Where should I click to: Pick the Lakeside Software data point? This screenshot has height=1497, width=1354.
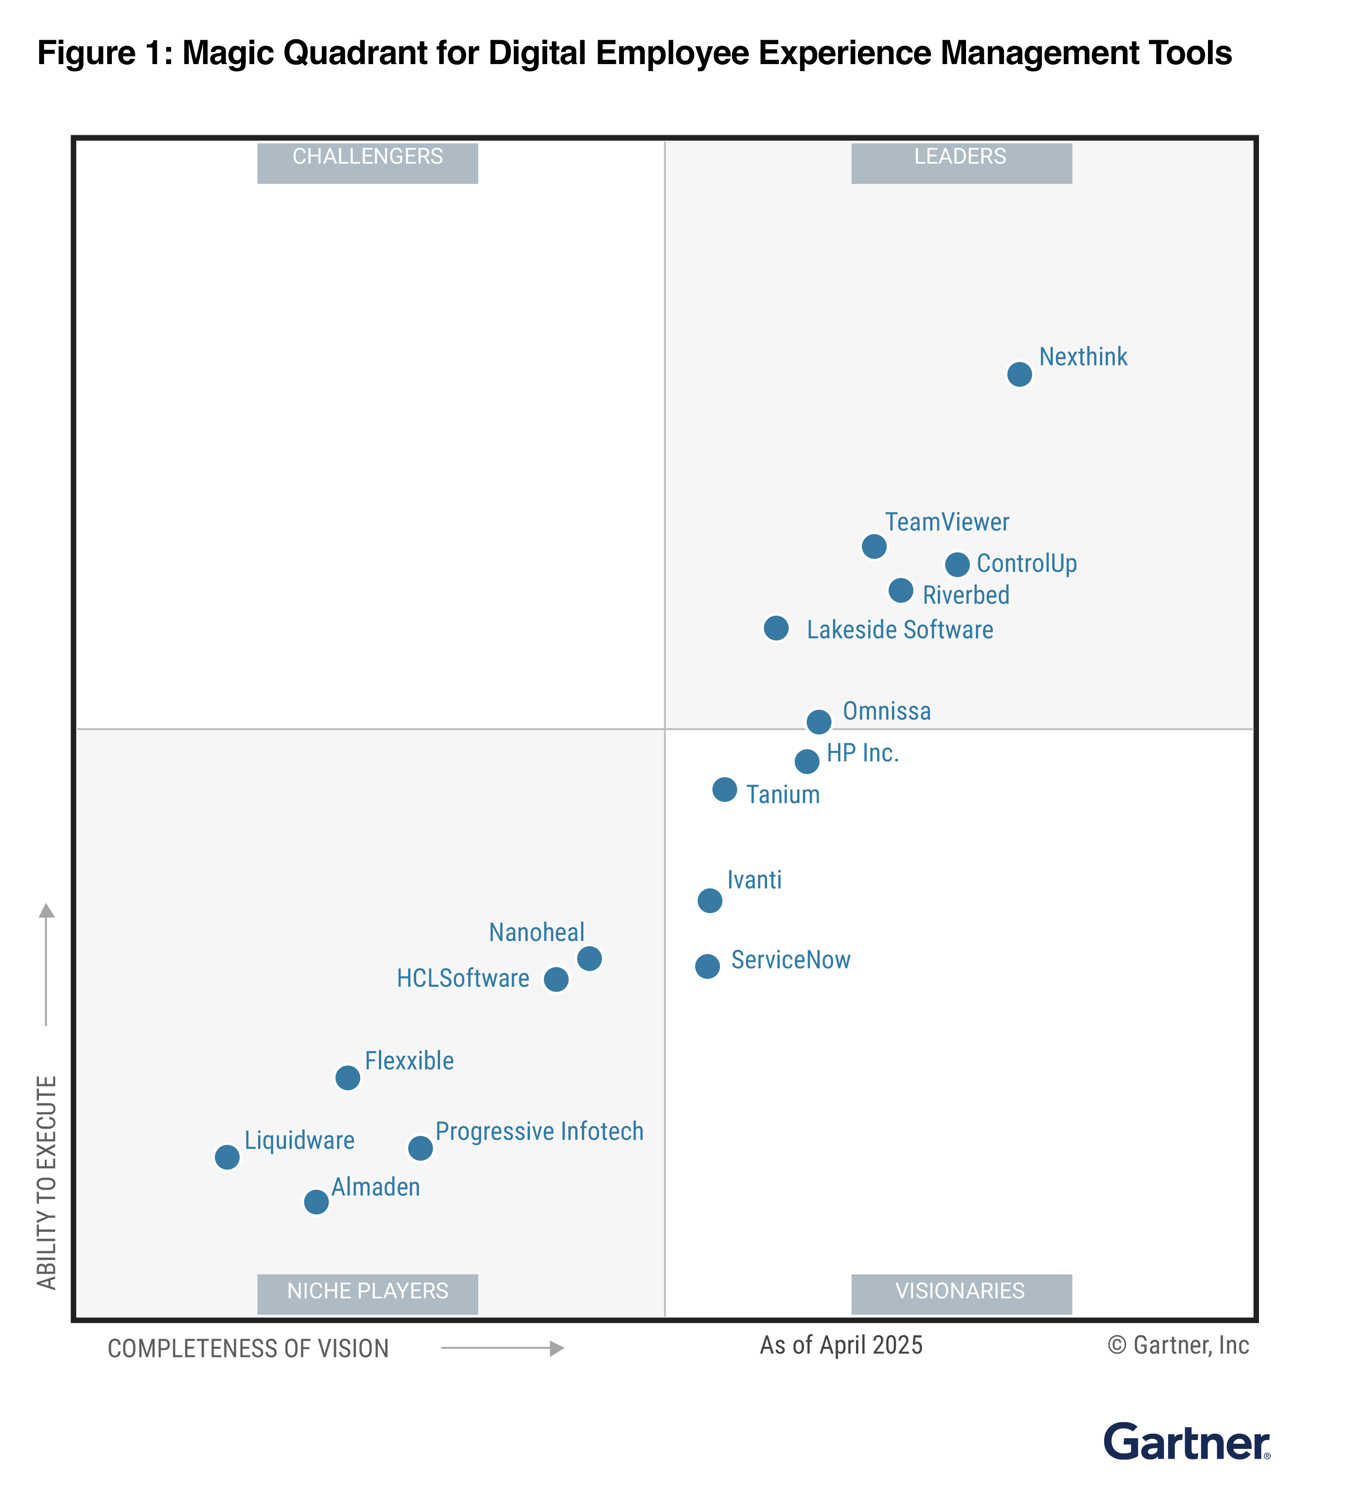776,628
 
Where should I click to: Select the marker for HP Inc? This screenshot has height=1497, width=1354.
806,761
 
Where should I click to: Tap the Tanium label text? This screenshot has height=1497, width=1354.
783,794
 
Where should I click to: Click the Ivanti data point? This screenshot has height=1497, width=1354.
710,901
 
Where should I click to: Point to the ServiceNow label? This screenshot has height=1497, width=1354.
790,959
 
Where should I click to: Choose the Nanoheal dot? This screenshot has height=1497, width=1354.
589,958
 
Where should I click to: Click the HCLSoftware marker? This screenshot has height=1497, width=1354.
556,980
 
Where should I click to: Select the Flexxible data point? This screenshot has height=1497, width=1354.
348,1077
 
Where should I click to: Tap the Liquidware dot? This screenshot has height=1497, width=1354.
227,1157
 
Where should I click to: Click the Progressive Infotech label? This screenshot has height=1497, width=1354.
539,1131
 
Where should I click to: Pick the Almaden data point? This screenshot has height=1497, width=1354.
316,1201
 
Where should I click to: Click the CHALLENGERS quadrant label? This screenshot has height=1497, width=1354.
368,157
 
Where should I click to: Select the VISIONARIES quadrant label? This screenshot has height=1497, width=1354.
960,1291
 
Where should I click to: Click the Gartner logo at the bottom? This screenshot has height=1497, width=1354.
1186,1442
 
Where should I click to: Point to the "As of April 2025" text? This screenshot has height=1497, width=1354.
841,1345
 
